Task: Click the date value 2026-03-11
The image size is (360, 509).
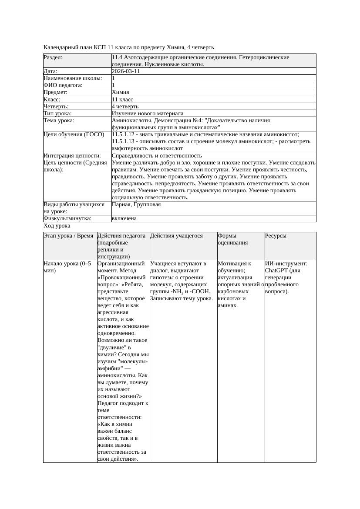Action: point(126,71)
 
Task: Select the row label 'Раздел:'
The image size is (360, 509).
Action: point(53,57)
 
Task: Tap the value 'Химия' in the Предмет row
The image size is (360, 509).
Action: point(120,92)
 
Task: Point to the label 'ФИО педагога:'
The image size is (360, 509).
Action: point(63,85)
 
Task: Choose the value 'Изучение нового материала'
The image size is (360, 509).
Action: point(148,113)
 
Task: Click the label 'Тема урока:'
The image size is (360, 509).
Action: point(59,120)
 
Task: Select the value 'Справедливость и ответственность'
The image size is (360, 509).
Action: point(157,155)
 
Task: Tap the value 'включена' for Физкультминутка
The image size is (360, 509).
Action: point(124,218)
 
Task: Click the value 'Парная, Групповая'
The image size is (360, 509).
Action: point(136,204)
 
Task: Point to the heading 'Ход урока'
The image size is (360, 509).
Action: point(57,226)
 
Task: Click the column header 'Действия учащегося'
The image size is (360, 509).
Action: point(176,236)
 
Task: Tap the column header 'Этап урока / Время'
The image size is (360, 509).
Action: point(68,236)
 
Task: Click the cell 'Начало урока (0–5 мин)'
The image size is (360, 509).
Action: point(67,267)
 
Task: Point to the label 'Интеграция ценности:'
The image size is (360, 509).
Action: point(72,155)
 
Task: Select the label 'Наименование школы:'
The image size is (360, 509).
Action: point(73,78)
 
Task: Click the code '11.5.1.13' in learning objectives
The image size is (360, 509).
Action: point(124,141)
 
